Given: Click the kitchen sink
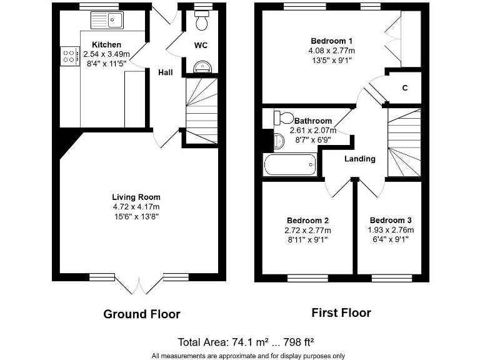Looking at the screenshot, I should point(107,20).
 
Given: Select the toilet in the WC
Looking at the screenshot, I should point(201,22).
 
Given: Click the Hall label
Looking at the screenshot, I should point(166,72).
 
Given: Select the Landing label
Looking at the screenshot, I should point(360,159).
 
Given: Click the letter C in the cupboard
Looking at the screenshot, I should point(405,88).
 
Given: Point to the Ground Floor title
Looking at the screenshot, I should point(142,314).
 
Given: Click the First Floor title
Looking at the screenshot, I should point(341,312).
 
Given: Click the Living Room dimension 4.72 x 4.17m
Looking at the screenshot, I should point(136,207).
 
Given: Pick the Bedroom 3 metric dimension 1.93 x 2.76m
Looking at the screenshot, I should point(391,230).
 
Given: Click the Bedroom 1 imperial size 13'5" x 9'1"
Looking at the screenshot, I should point(330,61).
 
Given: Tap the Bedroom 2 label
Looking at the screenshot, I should point(307,221).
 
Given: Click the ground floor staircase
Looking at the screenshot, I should point(201,109).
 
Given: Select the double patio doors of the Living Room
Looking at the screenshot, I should point(139,284).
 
